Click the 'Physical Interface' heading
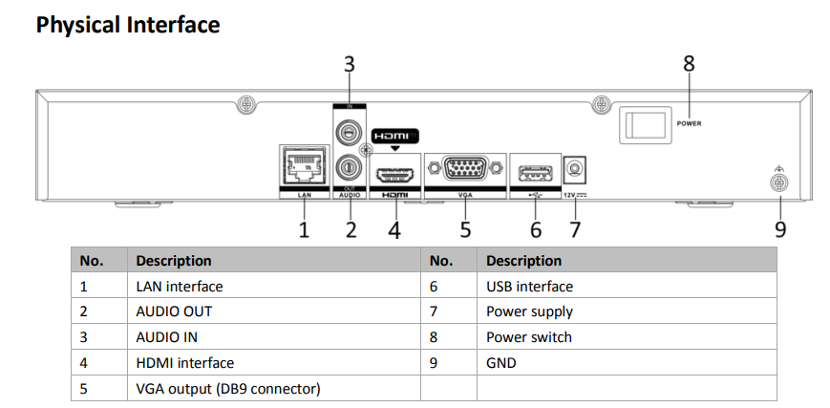[x=128, y=25]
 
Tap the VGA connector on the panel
[x=464, y=170]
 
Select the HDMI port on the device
[x=394, y=175]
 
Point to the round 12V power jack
[x=574, y=170]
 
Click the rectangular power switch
[x=644, y=123]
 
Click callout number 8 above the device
[x=689, y=64]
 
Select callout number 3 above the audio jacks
[x=349, y=64]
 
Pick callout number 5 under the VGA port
[x=465, y=229]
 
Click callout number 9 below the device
[x=780, y=229]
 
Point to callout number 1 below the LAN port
[x=305, y=229]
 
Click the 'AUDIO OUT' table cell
[x=174, y=311]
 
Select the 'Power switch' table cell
[x=529, y=337]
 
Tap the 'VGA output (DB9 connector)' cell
[x=227, y=389]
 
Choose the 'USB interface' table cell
[x=529, y=286]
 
